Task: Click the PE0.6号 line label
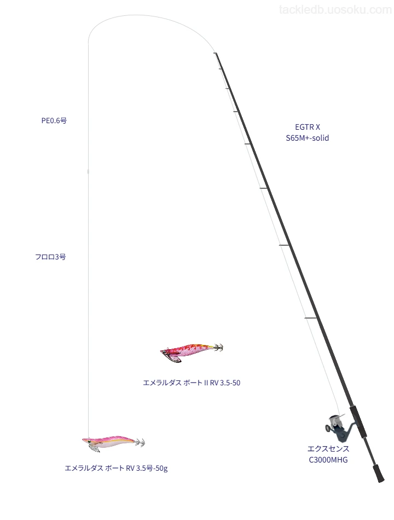[54, 120]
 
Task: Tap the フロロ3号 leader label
[51, 257]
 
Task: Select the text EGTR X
[308, 127]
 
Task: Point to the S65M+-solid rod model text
[308, 138]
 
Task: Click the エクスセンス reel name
[328, 449]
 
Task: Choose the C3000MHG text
[328, 460]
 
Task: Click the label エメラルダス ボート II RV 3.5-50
[192, 383]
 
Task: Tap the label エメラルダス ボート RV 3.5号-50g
[116, 468]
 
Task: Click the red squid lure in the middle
[192, 353]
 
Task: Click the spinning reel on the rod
[338, 427]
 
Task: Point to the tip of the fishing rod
[215, 53]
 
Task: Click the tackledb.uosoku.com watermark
[335, 10]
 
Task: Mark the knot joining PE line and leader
[88, 171]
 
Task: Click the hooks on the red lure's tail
[219, 348]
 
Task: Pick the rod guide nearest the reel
[311, 319]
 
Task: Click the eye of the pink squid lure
[89, 441]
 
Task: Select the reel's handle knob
[327, 429]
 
